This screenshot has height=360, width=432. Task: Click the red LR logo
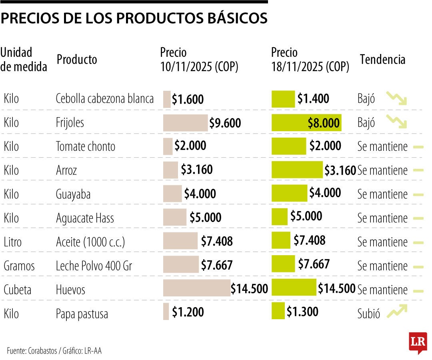tap(418, 342)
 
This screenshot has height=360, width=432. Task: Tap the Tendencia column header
tap(382, 60)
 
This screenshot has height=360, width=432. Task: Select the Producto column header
tap(77, 60)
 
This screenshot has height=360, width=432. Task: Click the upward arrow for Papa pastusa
tap(397, 312)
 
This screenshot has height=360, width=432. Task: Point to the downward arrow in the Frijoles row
tap(396, 122)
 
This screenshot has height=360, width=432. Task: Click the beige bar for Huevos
tap(196, 288)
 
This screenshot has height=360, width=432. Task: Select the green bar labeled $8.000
tap(306, 122)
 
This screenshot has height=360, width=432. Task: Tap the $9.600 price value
tap(225, 123)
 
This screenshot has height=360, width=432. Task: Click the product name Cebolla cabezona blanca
tap(105, 99)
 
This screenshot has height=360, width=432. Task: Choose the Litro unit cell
tap(12, 242)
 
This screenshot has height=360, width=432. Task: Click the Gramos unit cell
tap(19, 266)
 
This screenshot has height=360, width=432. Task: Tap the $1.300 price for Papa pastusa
tap(302, 311)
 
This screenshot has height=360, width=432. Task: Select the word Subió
tap(368, 314)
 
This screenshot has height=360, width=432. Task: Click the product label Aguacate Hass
tap(85, 218)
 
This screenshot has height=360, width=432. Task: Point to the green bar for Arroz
tap(297, 170)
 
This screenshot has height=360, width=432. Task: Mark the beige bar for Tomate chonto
tap(168, 146)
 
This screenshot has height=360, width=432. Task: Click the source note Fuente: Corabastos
tap(32, 351)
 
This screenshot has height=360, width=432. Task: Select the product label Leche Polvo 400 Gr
tap(94, 266)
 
